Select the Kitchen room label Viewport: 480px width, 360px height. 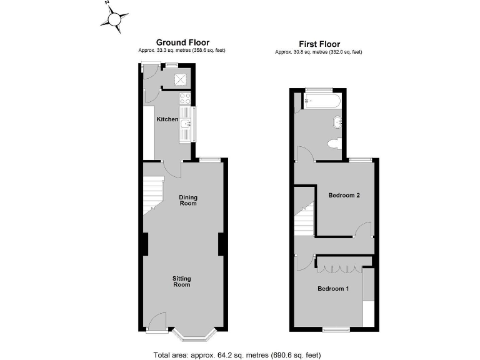pyautogui.click(x=167, y=119)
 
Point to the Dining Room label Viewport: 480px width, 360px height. pyautogui.click(x=188, y=201)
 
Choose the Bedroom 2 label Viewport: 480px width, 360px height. pyautogui.click(x=344, y=195)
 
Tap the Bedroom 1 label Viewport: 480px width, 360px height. pyautogui.click(x=333, y=289)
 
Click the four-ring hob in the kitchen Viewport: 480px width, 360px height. pyautogui.click(x=185, y=98)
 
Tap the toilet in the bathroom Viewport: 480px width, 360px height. pyautogui.click(x=334, y=144)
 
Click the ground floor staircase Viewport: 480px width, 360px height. pyautogui.click(x=152, y=194)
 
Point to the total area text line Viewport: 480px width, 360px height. pyautogui.click(x=237, y=355)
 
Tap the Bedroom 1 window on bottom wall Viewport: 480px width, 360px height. pyautogui.click(x=335, y=329)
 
